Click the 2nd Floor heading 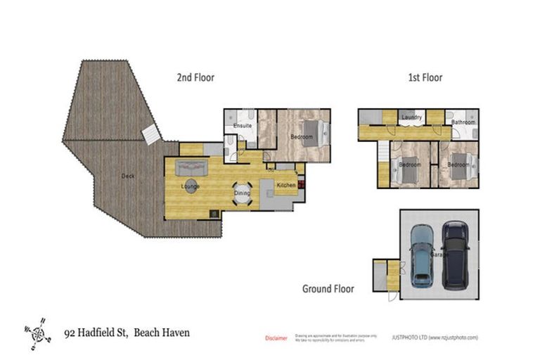point(195,77)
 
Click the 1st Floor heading point(425,77)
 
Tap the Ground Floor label point(328,288)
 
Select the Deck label point(127,176)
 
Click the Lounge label point(190,186)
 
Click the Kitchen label point(286,185)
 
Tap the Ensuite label point(243,126)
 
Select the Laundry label point(411,117)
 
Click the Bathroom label point(463,122)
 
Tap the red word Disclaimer point(276,338)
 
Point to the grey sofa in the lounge point(190,168)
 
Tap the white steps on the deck point(151,134)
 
